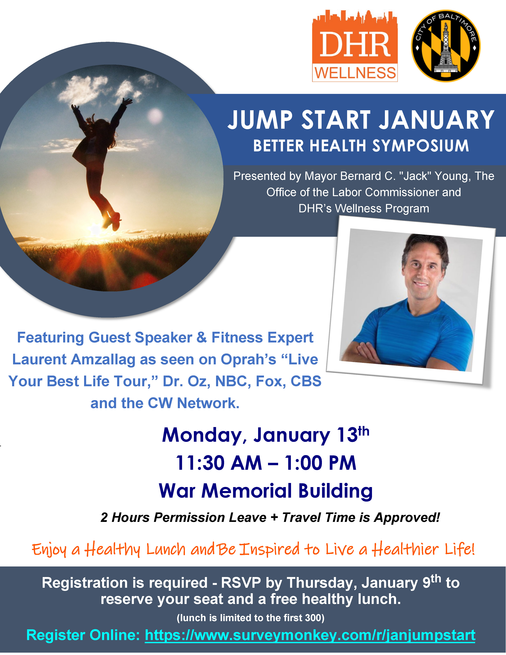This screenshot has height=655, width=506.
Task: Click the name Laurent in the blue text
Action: (39, 359)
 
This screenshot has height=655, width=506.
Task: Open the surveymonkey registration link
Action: (310, 635)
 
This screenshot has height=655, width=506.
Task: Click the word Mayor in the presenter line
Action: (321, 176)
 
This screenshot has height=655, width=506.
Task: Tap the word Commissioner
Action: (402, 192)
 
